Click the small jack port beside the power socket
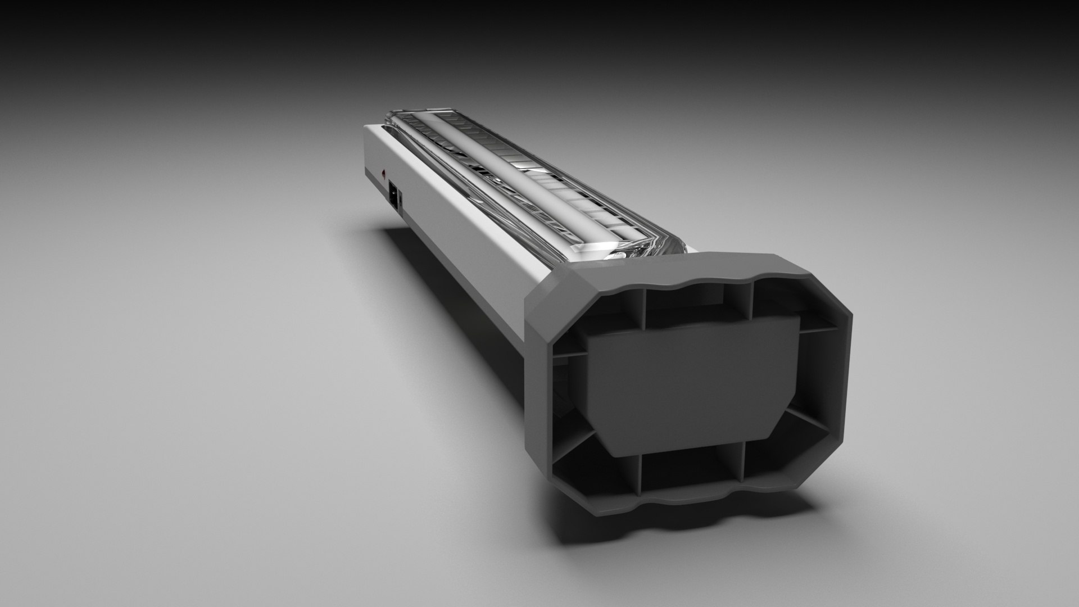point(401,200)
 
